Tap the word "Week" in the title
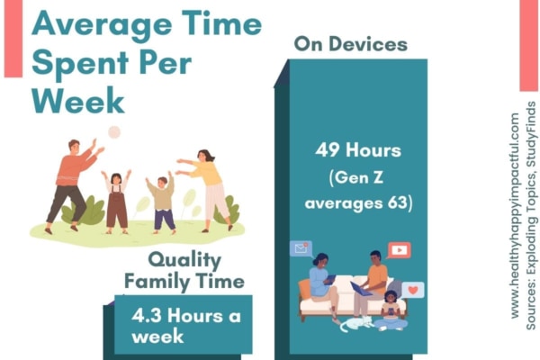pyautogui.click(x=77, y=100)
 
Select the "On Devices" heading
pyautogui.click(x=351, y=44)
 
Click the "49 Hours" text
pyautogui.click(x=358, y=150)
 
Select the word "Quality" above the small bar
pyautogui.click(x=184, y=261)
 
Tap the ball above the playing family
pyautogui.click(x=114, y=132)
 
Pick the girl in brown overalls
pyautogui.click(x=116, y=202)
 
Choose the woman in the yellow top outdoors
pyautogui.click(x=206, y=191)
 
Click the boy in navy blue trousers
pyautogui.click(x=161, y=204)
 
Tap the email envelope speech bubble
pyautogui.click(x=301, y=248)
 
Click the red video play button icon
pyautogui.click(x=399, y=250)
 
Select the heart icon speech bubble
pyautogui.click(x=413, y=290)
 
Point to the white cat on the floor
pyautogui.click(x=356, y=324)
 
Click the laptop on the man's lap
pyautogui.click(x=361, y=289)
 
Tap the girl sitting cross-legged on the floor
pyautogui.click(x=391, y=311)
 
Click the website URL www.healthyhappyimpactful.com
pyautogui.click(x=514, y=216)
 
